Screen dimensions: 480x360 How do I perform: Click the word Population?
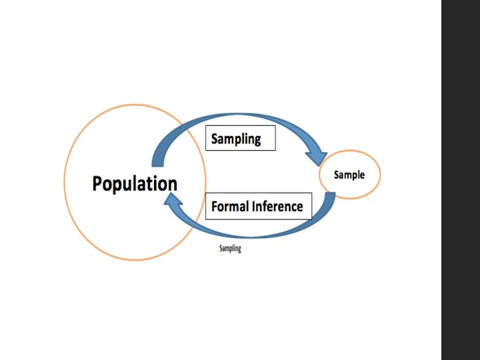coord(135,183)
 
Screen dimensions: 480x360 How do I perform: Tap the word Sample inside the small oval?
coord(349,175)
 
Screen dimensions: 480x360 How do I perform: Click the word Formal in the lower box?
coord(229,207)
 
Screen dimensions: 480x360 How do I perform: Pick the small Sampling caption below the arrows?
coord(230,249)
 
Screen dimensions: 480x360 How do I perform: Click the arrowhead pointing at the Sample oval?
coord(317,157)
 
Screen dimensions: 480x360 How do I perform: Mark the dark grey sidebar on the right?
coord(460,180)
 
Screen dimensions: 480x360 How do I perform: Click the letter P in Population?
coord(97,183)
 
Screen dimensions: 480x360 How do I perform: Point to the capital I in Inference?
coord(253,207)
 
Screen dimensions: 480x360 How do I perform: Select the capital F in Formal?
coord(215,207)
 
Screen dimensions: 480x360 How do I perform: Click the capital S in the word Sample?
coord(337,175)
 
